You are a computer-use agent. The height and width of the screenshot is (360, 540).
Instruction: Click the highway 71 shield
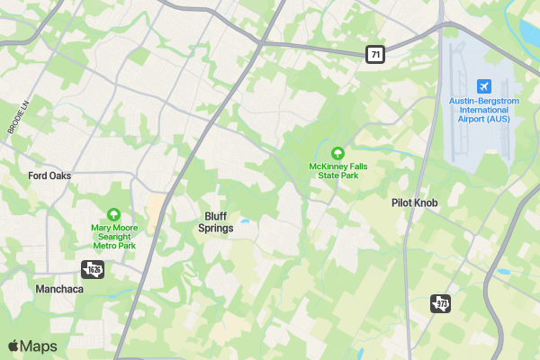pos(375,55)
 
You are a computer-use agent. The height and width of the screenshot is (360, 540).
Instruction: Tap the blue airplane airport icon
pos(484,85)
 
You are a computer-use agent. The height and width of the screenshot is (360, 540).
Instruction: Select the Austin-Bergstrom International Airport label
pos(484,110)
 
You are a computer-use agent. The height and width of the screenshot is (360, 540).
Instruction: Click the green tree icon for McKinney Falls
pos(338,153)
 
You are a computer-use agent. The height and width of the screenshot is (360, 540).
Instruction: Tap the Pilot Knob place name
pos(415,203)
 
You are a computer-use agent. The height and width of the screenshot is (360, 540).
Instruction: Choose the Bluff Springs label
pos(216,222)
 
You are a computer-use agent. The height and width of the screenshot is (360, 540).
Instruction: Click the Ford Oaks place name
pos(49,175)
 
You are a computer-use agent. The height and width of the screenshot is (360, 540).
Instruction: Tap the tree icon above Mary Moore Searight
pos(113,214)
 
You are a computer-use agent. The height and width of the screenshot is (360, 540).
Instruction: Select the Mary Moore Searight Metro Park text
pos(113,236)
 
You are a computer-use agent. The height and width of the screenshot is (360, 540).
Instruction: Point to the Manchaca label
pos(59,290)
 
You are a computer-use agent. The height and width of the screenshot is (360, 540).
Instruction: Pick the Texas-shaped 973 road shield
pos(440,303)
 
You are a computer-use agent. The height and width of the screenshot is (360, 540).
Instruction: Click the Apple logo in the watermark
pos(13,346)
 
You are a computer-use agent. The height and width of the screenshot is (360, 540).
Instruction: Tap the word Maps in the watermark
pos(39,346)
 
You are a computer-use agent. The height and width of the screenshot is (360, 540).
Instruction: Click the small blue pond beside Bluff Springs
pos(244,220)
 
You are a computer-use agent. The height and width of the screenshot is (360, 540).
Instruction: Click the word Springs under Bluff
pos(216,229)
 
